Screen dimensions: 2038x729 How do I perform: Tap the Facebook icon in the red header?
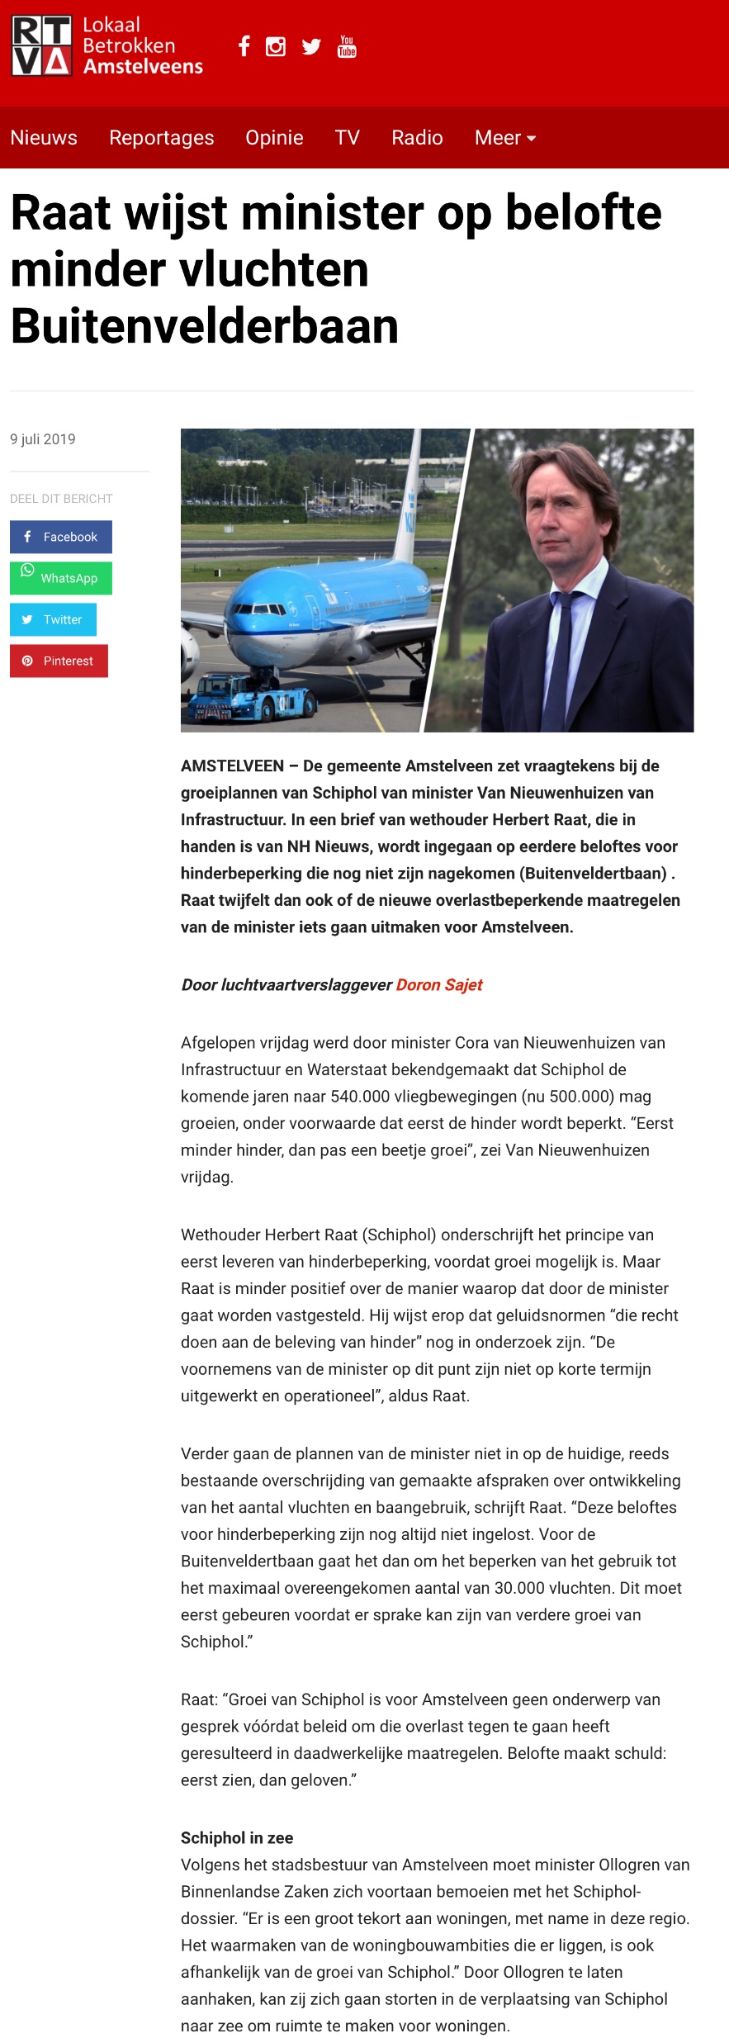tap(244, 46)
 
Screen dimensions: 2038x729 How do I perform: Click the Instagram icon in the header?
tap(276, 47)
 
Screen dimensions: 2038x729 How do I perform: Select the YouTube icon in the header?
tap(347, 46)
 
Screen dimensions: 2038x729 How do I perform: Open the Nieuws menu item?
tap(44, 138)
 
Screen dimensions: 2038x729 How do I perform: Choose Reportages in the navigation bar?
tap(161, 138)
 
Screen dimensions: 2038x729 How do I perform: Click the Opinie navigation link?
tap(274, 138)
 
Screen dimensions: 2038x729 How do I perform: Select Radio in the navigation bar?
tap(417, 138)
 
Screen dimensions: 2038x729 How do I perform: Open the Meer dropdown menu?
tap(505, 138)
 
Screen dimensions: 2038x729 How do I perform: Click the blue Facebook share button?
tap(61, 537)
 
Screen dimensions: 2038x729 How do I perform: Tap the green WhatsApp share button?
tap(61, 578)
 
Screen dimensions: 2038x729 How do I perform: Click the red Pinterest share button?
tap(59, 661)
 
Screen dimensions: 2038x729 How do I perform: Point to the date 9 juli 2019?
tap(43, 439)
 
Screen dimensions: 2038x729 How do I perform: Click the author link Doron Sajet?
tap(439, 984)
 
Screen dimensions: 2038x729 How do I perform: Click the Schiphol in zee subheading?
tap(237, 1837)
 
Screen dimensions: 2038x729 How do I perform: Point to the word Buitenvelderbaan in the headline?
tap(205, 326)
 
